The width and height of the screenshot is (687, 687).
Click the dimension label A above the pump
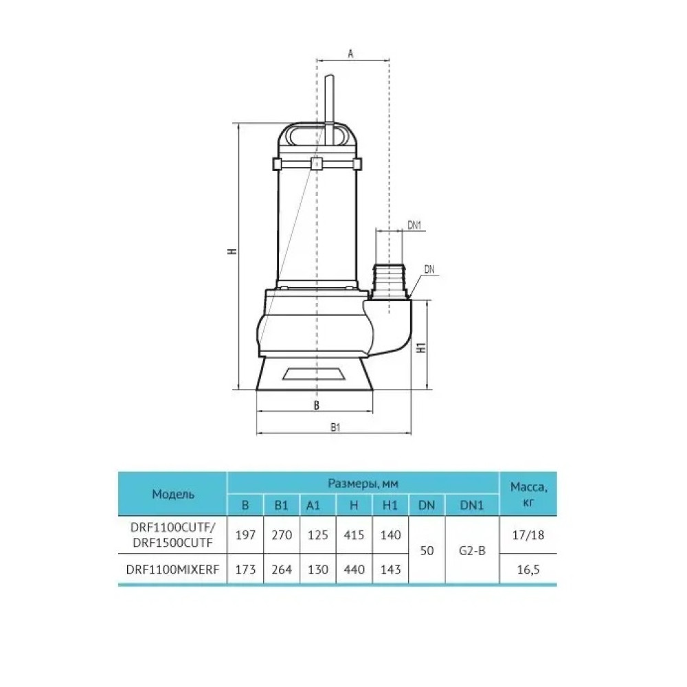tap(350, 54)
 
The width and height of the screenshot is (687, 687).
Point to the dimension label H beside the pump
tap(232, 251)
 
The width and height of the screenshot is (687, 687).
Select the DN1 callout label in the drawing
tap(414, 225)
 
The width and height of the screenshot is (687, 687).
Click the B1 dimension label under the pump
tap(335, 427)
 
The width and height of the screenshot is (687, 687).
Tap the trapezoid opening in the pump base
tap(314, 374)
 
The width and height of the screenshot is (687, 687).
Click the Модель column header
tap(172, 494)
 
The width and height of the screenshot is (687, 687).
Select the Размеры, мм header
tap(363, 484)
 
